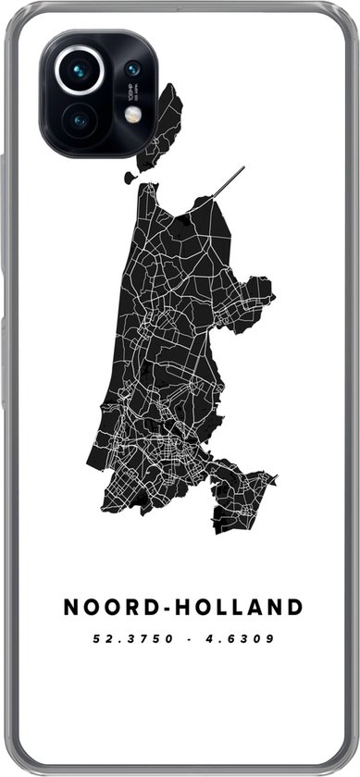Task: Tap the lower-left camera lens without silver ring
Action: click(x=79, y=119)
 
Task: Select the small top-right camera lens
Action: click(x=132, y=68)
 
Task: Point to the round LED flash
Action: click(x=132, y=114)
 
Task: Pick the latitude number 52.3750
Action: click(x=130, y=638)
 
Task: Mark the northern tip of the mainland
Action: click(x=148, y=191)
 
